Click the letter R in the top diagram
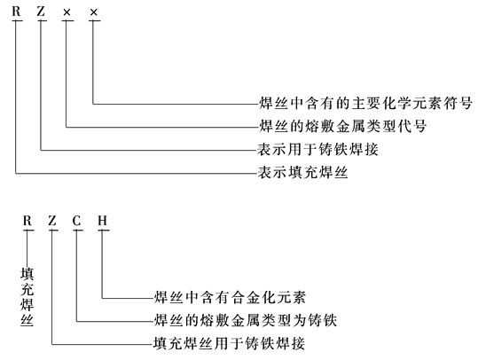(16, 12)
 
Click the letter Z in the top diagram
(41, 12)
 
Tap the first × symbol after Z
(67, 12)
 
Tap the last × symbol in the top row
(94, 12)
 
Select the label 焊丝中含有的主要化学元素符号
(365, 104)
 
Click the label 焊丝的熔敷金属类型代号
(342, 126)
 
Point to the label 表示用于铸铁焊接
(317, 149)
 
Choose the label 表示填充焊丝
(302, 173)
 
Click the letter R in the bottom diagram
(27, 221)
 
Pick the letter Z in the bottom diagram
(52, 221)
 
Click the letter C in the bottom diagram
(77, 221)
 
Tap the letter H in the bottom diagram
(103, 221)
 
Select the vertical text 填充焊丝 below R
(27, 297)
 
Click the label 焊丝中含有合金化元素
(230, 298)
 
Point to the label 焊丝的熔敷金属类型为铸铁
(246, 320)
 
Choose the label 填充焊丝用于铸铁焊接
(229, 343)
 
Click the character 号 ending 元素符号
(466, 104)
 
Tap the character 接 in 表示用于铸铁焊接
(372, 149)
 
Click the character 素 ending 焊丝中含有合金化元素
(299, 298)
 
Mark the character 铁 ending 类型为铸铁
(330, 320)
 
